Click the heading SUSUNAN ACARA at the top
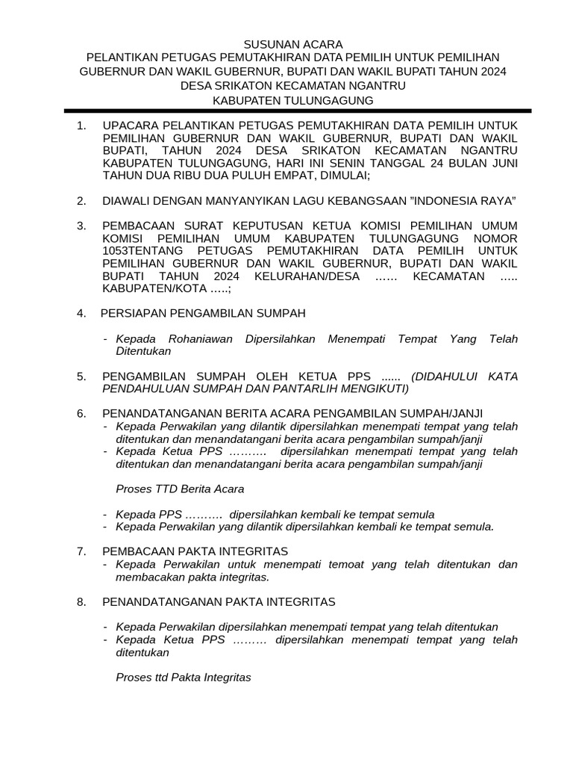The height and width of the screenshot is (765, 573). pyautogui.click(x=286, y=45)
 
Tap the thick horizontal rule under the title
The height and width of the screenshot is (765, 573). pyautogui.click(x=286, y=111)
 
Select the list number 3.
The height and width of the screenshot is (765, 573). pyautogui.click(x=81, y=226)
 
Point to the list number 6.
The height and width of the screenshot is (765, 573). pyautogui.click(x=81, y=413)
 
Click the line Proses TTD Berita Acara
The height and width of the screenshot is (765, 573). pyautogui.click(x=180, y=489)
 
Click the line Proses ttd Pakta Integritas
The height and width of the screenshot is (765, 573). pyautogui.click(x=184, y=678)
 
